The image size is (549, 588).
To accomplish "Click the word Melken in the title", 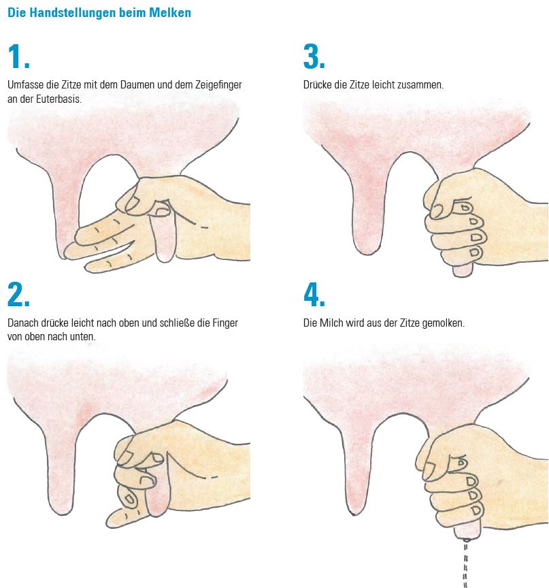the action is point(170,13).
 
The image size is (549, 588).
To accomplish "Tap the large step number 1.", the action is point(18,57).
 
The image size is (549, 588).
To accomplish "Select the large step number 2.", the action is point(18,295).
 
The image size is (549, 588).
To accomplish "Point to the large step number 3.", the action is point(314,57).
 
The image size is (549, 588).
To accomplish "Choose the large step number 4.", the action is point(314,295).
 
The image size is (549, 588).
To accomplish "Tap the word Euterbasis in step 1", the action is point(59,99).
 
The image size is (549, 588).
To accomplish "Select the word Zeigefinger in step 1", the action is point(218,86).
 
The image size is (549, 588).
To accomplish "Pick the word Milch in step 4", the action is point(329,323).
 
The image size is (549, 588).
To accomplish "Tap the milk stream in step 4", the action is point(466,563).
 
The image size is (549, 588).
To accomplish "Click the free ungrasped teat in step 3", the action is point(367,210).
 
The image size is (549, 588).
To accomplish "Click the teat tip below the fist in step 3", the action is point(463,271).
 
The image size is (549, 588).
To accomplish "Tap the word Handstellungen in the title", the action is point(73,13).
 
